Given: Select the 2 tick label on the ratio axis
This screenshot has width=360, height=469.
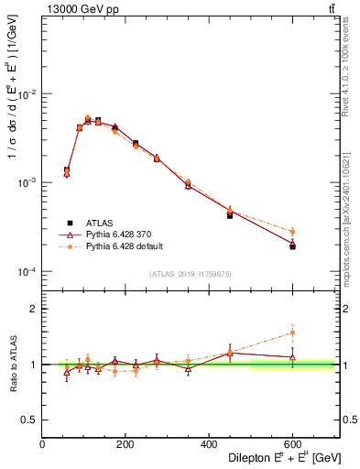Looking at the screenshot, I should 33,309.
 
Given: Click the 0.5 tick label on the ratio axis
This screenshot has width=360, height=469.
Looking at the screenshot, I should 29,420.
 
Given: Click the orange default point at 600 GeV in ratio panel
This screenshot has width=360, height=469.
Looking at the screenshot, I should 293,333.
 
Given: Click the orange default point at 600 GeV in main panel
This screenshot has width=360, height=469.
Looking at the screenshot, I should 293,232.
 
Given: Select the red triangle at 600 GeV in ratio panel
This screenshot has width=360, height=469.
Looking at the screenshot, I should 293,356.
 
